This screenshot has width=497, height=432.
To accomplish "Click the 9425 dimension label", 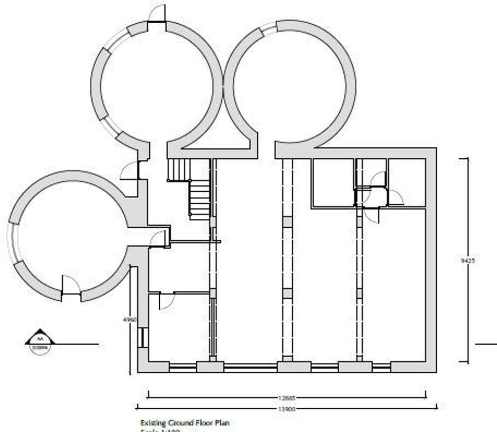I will (468, 261).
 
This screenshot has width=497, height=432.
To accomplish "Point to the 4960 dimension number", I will (129, 319).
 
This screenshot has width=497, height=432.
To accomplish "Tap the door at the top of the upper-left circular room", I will (157, 15).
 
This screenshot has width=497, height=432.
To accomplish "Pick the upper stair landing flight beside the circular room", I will (178, 170).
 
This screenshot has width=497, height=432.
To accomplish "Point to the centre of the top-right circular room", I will (290, 84).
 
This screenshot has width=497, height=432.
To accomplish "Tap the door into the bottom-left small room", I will (166, 300).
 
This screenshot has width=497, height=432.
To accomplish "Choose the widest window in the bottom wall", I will (250, 367).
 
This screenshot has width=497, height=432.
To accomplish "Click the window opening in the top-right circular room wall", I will (267, 29).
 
